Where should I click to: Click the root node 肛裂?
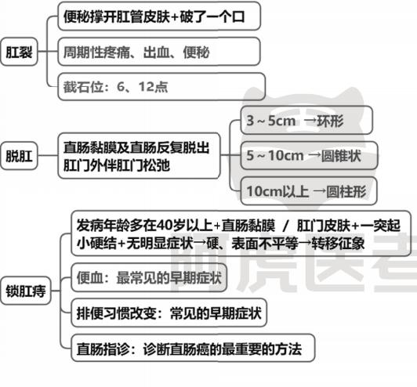(x=19, y=52)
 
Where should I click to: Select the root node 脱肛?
(x=19, y=156)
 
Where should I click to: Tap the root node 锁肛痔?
(x=26, y=291)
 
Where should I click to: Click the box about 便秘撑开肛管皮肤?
(x=159, y=16)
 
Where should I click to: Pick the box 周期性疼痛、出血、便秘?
(x=159, y=52)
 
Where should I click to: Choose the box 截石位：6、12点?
(x=161, y=87)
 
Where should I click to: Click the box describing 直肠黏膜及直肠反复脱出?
(x=139, y=156)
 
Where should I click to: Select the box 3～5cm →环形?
(x=306, y=120)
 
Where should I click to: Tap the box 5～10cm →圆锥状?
(x=309, y=155)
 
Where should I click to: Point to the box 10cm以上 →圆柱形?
(x=309, y=191)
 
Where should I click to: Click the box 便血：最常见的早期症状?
(x=149, y=278)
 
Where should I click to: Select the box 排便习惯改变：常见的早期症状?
(x=169, y=313)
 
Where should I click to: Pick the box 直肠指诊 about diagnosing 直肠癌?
(x=193, y=348)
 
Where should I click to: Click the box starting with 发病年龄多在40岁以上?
(x=241, y=233)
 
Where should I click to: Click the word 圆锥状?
(x=341, y=155)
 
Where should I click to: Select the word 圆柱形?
(x=346, y=191)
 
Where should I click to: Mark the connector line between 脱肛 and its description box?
(x=48, y=155)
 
